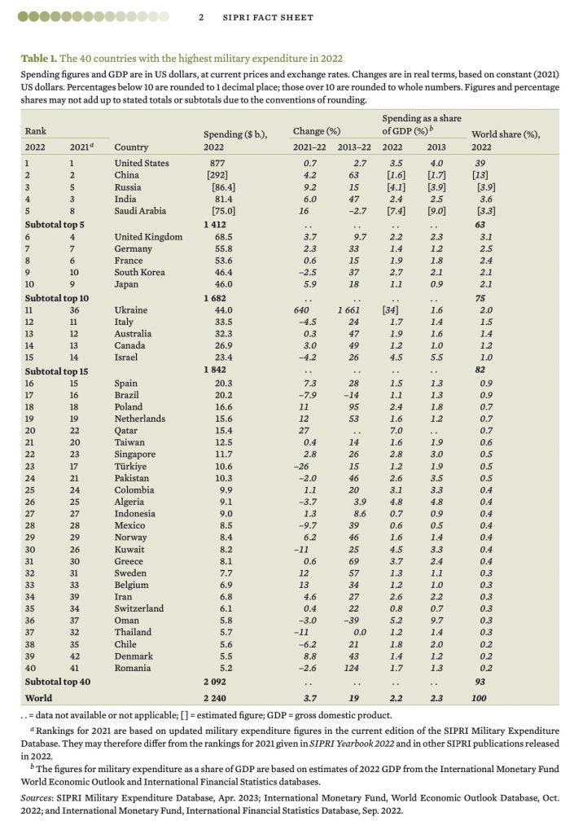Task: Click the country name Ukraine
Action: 131,309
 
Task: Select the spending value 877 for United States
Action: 217,163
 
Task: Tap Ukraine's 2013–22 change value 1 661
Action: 348,309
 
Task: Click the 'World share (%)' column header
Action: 506,134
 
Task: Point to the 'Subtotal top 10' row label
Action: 57,298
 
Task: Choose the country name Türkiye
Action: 131,466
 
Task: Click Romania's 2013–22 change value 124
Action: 351,668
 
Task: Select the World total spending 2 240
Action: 215,698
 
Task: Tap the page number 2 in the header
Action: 201,17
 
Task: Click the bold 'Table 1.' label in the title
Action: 39,58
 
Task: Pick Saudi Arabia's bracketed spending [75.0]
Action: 223,211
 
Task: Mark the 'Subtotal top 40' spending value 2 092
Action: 215,682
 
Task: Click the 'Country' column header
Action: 131,147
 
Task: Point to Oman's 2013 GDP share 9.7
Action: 436,620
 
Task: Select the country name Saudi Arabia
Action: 140,211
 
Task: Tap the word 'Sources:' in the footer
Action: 37,798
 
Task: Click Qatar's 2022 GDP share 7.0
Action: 396,430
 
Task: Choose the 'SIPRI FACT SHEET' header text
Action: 268,17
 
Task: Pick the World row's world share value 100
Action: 479,698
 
